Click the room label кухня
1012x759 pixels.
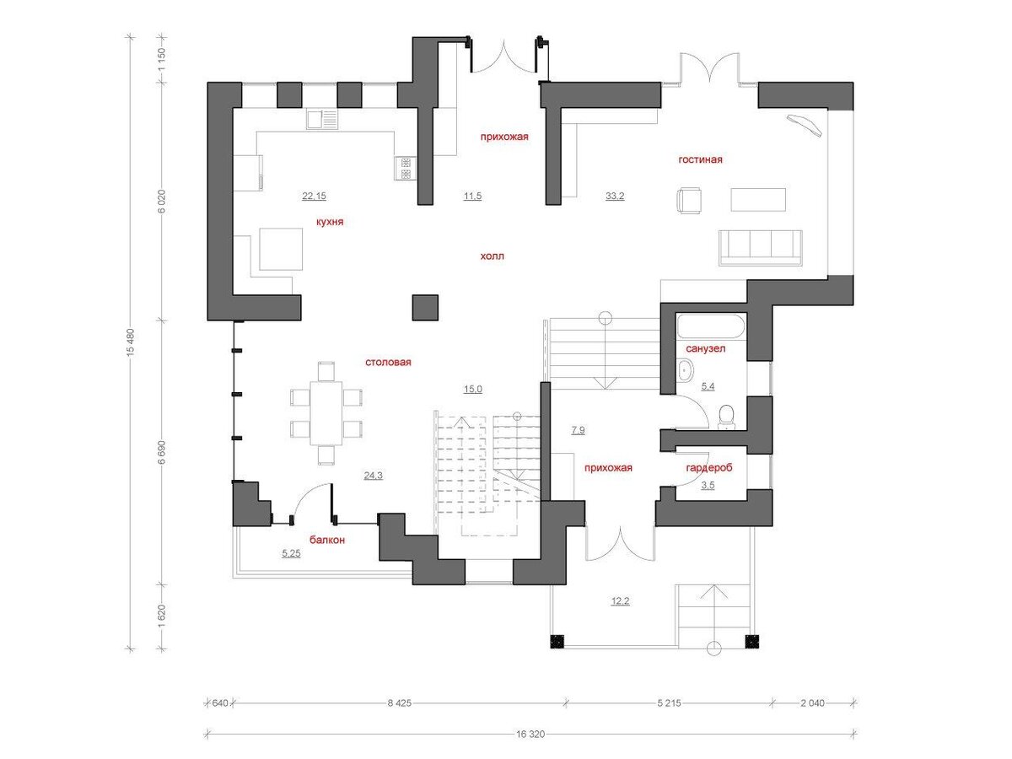329,222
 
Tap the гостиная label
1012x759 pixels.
700,159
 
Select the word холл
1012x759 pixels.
492,256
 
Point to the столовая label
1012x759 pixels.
388,362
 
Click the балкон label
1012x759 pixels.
327,540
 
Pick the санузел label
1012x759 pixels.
705,348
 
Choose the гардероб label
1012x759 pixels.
708,468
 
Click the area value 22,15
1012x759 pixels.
314,196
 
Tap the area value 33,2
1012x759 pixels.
615,196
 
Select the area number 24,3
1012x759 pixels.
373,475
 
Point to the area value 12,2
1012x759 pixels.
620,601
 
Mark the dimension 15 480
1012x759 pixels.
131,342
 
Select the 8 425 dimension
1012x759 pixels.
399,702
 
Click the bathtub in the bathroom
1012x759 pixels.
710,326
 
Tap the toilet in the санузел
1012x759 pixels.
726,415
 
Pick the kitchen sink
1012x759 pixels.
322,119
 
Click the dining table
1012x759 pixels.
326,413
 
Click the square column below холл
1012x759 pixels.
425,307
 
